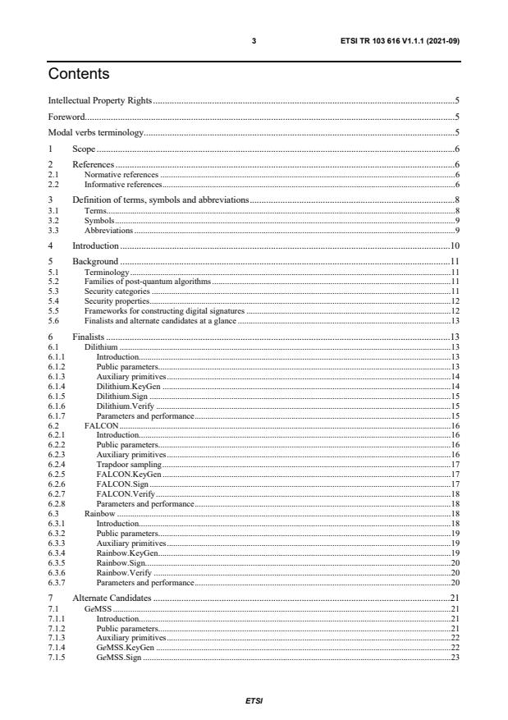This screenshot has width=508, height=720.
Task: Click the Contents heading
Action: tap(79, 74)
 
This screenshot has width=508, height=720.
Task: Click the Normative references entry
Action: tap(121, 176)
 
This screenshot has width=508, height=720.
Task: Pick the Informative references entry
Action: tap(122, 184)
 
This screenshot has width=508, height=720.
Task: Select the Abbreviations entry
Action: tap(109, 230)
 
